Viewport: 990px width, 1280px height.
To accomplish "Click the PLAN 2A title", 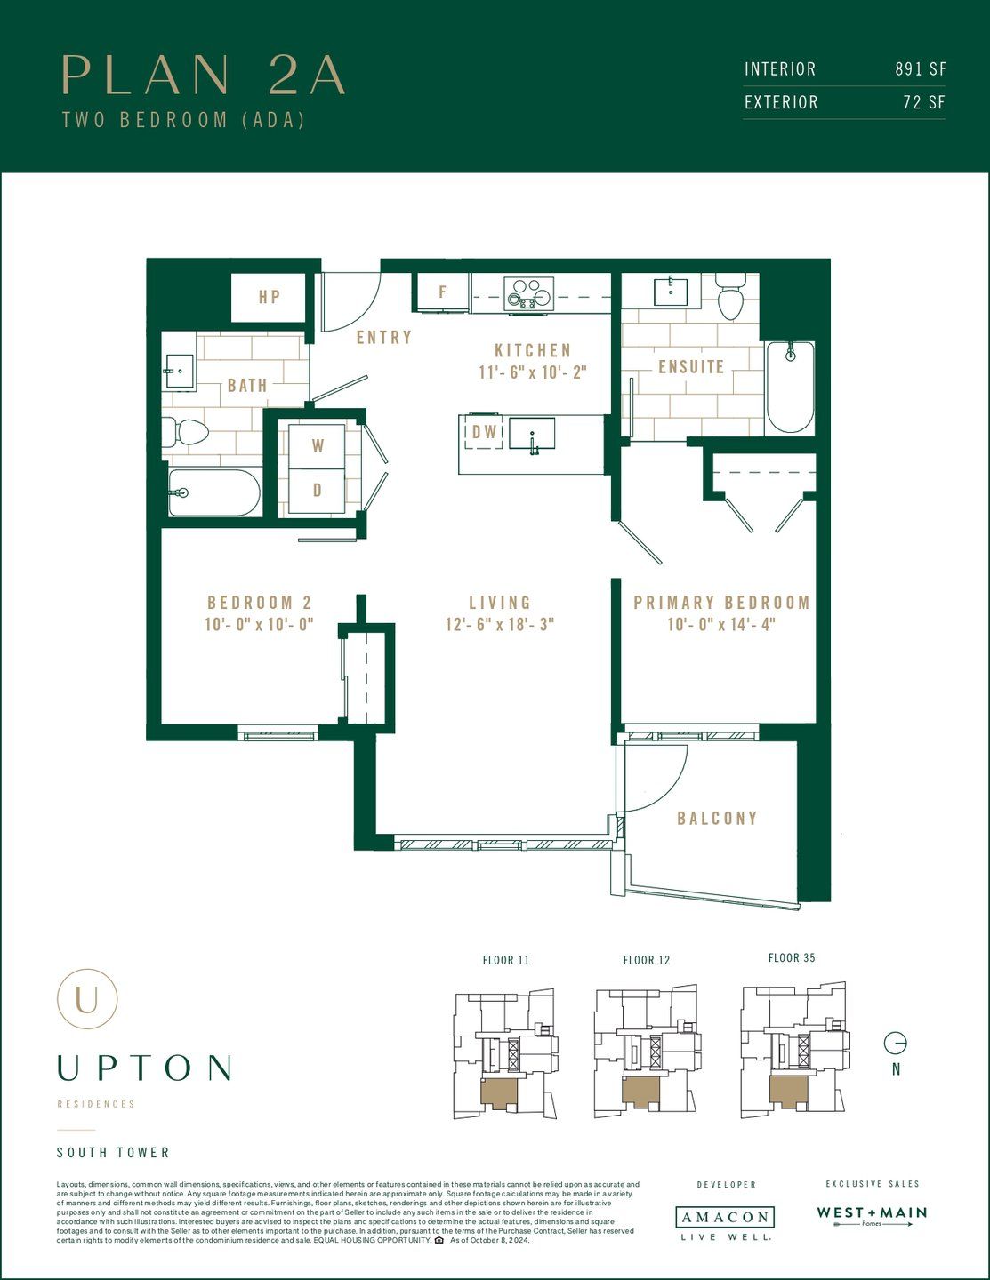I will pyautogui.click(x=204, y=76).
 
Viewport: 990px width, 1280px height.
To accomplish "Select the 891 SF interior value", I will pyautogui.click(x=920, y=69).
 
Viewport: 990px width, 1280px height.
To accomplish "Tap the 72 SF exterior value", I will pyautogui.click(x=923, y=102).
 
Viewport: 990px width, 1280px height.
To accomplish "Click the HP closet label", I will pyautogui.click(x=270, y=298).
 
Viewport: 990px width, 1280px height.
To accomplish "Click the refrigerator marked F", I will pyautogui.click(x=442, y=292).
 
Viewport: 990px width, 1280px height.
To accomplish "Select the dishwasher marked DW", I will pyautogui.click(x=484, y=433).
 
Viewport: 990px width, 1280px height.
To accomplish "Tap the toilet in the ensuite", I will pyautogui.click(x=730, y=297).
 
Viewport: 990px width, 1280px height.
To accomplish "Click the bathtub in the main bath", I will pyautogui.click(x=214, y=492).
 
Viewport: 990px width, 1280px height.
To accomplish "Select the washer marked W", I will pyautogui.click(x=318, y=446).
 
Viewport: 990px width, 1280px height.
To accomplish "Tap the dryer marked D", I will pyautogui.click(x=318, y=491).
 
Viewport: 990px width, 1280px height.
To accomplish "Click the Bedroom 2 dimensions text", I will pyautogui.click(x=259, y=624).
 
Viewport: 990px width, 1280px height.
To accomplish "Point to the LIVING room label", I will pyautogui.click(x=500, y=603).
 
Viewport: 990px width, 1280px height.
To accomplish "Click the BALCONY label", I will pyautogui.click(x=717, y=819).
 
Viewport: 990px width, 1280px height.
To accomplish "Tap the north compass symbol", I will pyautogui.click(x=895, y=1043).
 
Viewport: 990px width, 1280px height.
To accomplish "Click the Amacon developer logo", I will pyautogui.click(x=725, y=1218).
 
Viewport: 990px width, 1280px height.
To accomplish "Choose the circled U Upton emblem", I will pyautogui.click(x=87, y=999).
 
